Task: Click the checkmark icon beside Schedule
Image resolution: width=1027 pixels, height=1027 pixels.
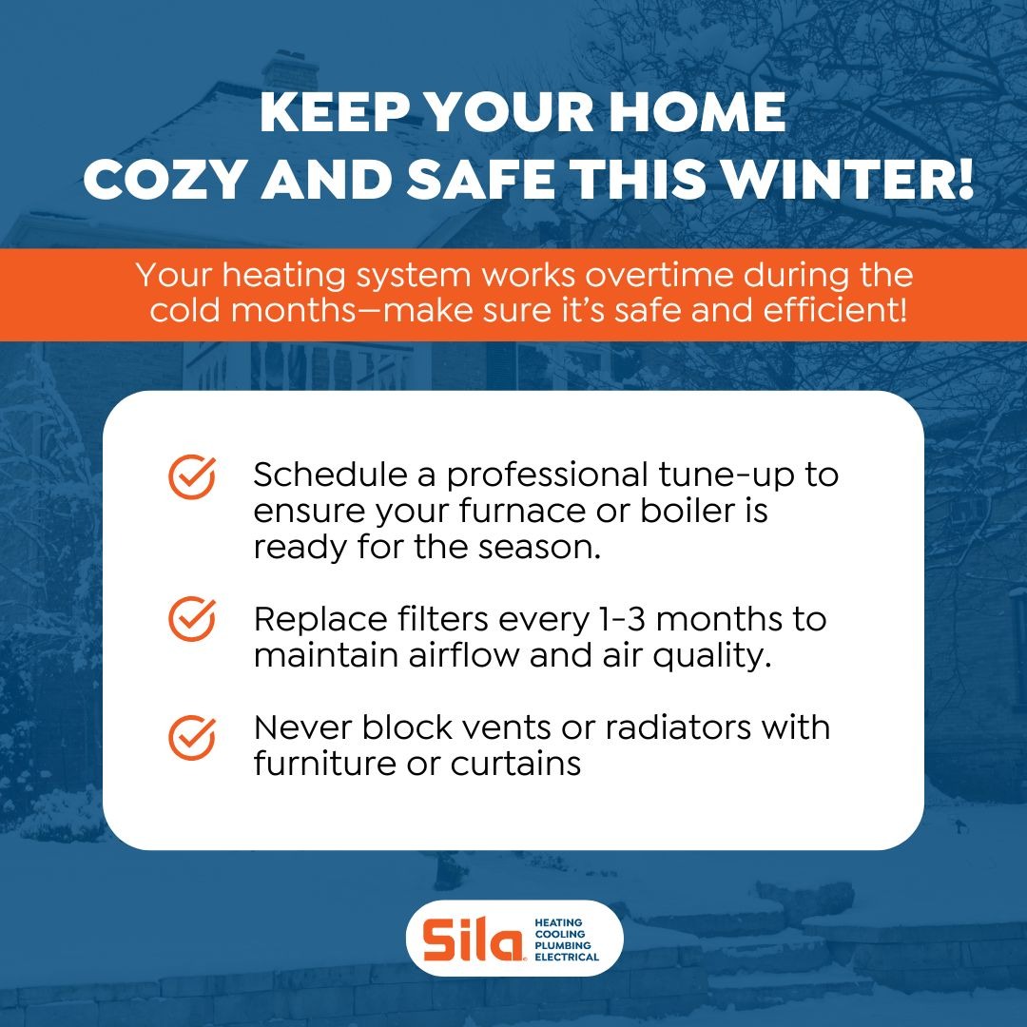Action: [x=192, y=476]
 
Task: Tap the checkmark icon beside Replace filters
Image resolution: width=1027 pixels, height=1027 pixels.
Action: [x=192, y=620]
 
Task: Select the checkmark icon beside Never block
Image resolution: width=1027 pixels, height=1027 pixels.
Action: [x=192, y=737]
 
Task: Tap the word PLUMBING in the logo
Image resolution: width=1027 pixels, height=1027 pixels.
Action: [x=563, y=946]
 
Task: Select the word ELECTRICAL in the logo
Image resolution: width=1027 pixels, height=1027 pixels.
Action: [x=567, y=958]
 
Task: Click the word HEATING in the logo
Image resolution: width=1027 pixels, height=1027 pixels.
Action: [x=559, y=923]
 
